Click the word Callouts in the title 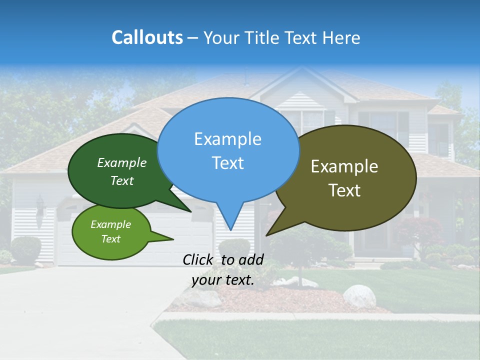147,37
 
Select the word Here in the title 341,37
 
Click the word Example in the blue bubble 227,138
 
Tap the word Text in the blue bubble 227,163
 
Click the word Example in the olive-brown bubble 344,166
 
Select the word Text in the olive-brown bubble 344,190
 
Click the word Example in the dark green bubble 122,163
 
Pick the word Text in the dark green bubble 122,180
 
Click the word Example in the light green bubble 110,224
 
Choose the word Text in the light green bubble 110,239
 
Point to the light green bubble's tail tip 172,239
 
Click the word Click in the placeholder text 200,259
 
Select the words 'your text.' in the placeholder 223,280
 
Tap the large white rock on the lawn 359,296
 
